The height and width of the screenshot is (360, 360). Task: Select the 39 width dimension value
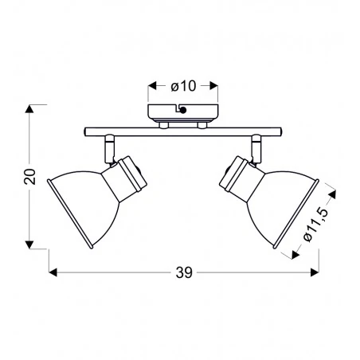pos(183,272)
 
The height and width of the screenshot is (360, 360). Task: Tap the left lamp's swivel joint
pos(108,147)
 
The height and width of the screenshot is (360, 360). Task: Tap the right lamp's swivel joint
pos(256,147)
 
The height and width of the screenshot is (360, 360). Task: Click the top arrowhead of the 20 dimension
pos(32,107)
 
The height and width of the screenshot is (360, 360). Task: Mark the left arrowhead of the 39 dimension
pos(53,272)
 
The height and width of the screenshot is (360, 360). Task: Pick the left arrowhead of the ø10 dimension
pos(152,84)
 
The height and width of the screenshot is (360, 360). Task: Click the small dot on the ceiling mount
pos(184,112)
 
